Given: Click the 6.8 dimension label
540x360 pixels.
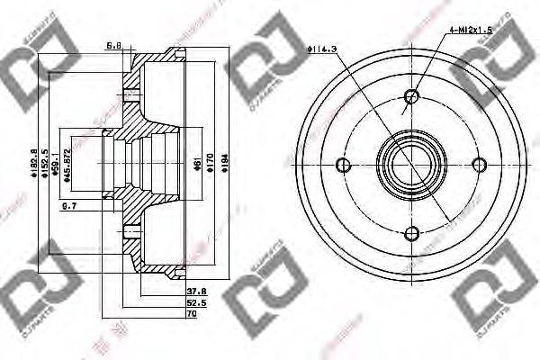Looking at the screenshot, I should tap(113, 45).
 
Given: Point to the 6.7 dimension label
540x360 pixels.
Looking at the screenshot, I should tap(68, 208).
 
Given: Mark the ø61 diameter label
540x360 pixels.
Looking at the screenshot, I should tap(196, 162).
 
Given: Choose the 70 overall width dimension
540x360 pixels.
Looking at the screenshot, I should tap(191, 316).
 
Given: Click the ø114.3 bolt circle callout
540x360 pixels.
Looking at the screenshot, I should tap(321, 49).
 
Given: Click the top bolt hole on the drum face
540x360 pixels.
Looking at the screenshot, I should tap(412, 96).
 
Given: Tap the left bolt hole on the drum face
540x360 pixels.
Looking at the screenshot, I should tap(343, 164).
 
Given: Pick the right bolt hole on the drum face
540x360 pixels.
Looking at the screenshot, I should tap(480, 164).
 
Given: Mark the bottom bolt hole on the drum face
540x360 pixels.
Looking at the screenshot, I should tap(412, 233).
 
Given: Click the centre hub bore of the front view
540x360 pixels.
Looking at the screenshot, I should tap(411, 164).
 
